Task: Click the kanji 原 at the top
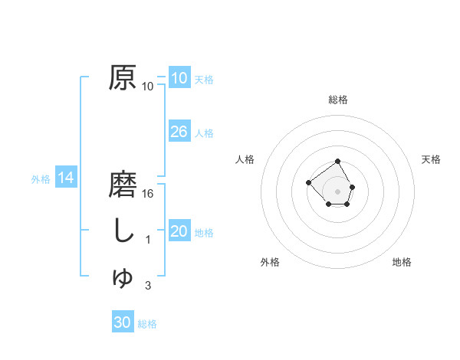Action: click(x=123, y=78)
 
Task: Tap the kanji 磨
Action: click(x=123, y=185)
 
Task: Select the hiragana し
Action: click(x=123, y=231)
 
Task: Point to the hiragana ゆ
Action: click(x=123, y=277)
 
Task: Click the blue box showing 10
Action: click(x=179, y=78)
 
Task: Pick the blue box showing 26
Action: click(x=179, y=132)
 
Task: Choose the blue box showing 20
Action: click(x=179, y=231)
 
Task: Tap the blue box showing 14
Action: click(x=66, y=178)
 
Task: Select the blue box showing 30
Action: click(x=123, y=322)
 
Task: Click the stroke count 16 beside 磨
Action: click(x=148, y=193)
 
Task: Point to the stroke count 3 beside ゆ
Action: click(x=148, y=286)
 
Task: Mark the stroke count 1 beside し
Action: click(x=148, y=240)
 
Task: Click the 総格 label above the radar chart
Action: click(x=338, y=100)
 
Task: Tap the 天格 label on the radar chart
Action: click(x=431, y=159)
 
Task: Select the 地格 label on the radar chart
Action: click(x=402, y=262)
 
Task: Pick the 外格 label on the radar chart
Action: click(x=270, y=262)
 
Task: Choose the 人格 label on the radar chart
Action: click(x=245, y=159)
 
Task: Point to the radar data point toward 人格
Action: click(x=308, y=182)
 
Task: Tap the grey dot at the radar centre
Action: click(x=338, y=191)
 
